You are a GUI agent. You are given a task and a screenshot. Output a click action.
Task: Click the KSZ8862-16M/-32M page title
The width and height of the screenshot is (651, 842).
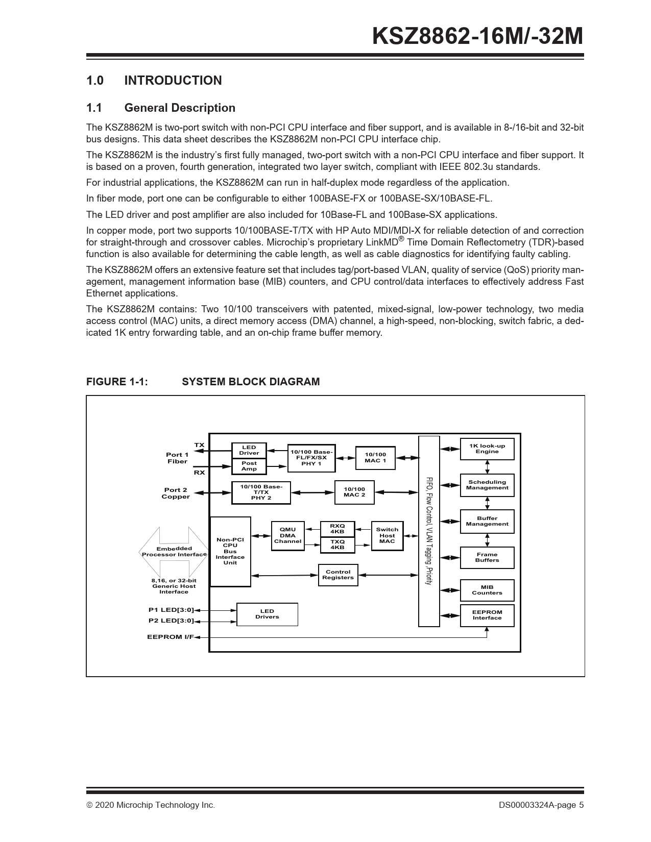(x=477, y=37)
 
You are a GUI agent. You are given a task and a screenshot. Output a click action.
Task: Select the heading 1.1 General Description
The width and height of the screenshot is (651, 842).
(x=160, y=108)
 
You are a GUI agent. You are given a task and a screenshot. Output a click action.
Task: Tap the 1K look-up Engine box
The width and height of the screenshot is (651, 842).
(x=487, y=449)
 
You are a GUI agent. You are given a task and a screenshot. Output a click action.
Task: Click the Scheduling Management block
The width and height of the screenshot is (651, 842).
(x=487, y=485)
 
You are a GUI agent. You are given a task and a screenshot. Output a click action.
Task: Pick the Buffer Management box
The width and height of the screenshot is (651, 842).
(x=487, y=521)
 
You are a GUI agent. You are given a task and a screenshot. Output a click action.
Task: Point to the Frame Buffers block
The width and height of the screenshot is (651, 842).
(x=487, y=557)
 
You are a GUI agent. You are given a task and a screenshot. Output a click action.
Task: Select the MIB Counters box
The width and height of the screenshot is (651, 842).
(x=487, y=590)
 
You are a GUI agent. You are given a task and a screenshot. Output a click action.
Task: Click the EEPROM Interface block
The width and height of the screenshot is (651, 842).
(x=487, y=615)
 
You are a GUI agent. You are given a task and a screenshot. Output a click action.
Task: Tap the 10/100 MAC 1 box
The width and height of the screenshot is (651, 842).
(x=375, y=458)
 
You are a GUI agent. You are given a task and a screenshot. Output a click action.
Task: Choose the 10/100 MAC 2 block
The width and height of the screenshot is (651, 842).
(x=354, y=492)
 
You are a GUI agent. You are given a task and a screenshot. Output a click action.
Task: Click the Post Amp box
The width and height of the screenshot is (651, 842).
(x=249, y=466)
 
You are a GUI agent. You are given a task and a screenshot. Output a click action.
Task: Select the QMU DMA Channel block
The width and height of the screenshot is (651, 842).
(x=287, y=536)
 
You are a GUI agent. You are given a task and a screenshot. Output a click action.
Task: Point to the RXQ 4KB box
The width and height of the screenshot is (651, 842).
(x=337, y=529)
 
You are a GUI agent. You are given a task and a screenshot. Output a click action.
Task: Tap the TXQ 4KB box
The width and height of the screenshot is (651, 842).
(x=337, y=544)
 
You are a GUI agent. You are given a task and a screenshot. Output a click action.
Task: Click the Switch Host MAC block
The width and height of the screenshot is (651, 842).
(x=387, y=535)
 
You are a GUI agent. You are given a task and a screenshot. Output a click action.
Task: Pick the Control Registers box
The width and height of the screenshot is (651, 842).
(x=338, y=575)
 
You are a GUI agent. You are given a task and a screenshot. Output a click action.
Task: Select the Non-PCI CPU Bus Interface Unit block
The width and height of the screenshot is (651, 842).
(x=230, y=551)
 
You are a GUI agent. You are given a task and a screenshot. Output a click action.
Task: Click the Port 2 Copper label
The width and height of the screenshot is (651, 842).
(x=176, y=493)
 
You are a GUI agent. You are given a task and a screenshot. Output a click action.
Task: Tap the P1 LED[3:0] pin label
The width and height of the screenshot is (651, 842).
(x=171, y=610)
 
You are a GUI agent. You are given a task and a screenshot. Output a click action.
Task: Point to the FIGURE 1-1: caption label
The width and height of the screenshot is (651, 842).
(x=117, y=382)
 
